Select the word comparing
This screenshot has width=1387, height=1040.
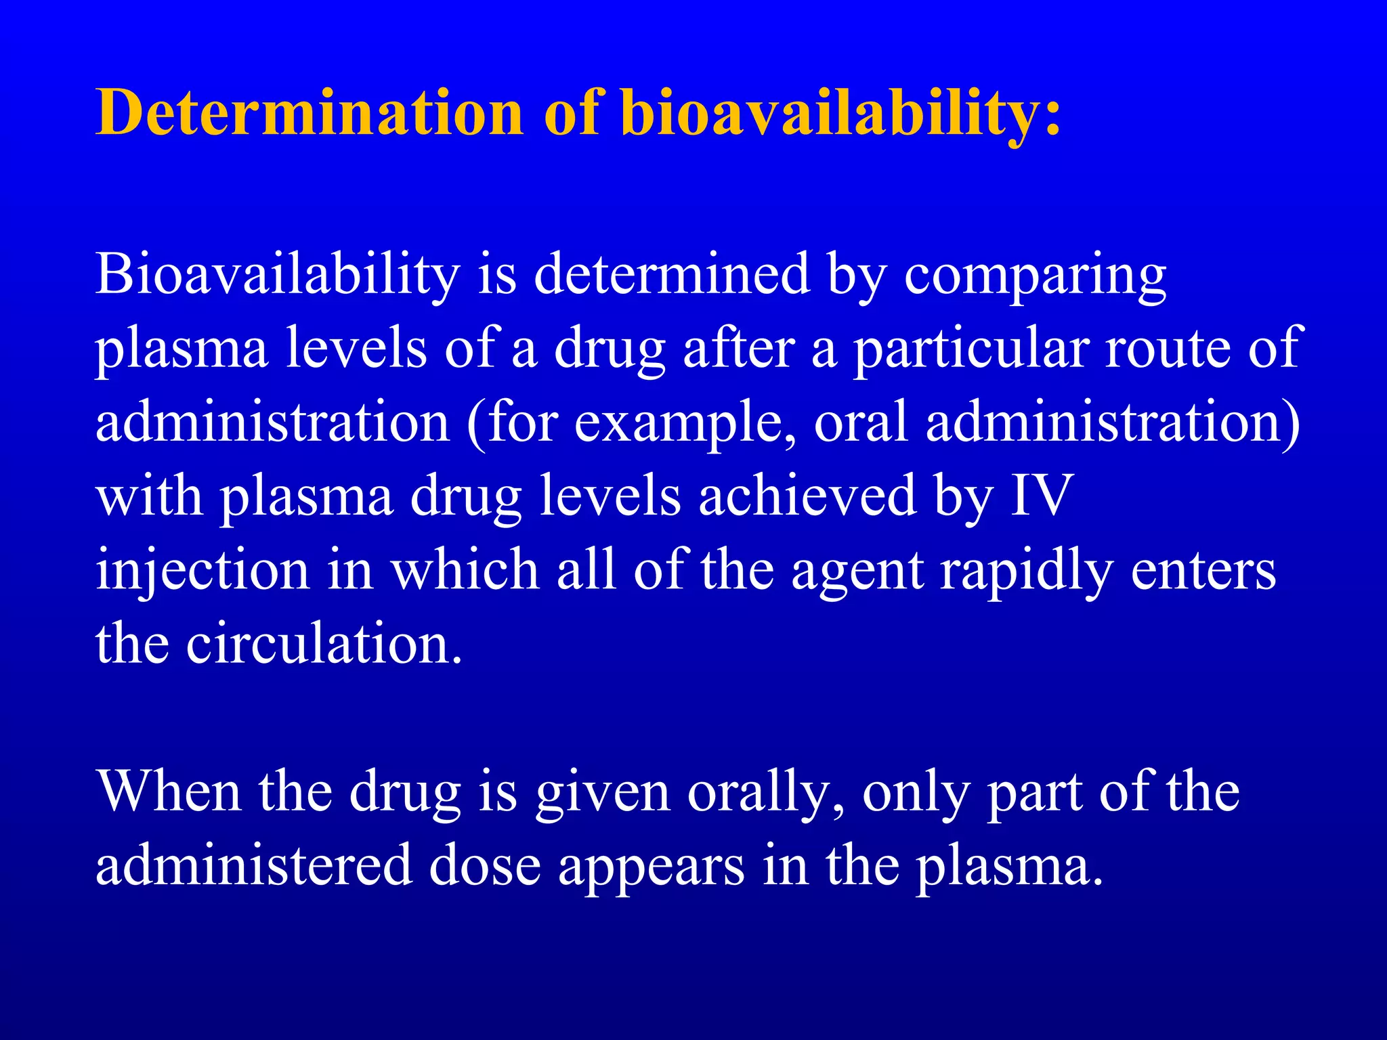[x=1035, y=276]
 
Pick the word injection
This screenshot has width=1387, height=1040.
[x=202, y=571]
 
